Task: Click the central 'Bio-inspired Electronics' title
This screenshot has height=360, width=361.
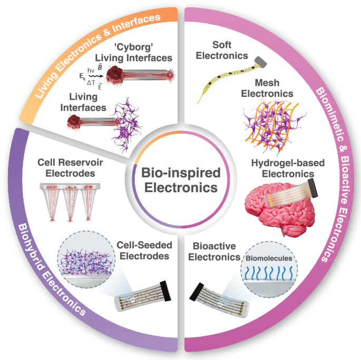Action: pos(180,179)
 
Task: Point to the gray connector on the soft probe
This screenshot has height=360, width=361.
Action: pos(262,62)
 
